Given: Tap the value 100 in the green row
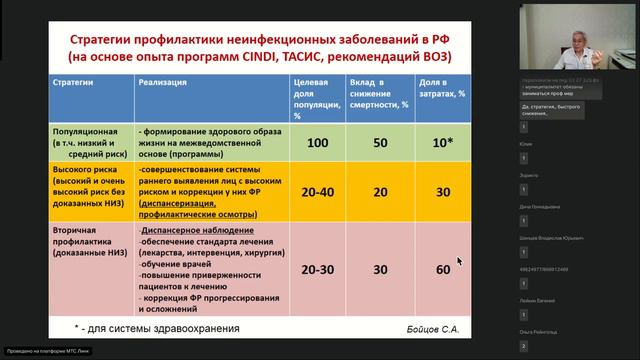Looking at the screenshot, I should pos(317,144).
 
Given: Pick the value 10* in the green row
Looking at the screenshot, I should pos(443,144).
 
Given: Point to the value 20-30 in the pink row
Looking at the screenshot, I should pos(318,270).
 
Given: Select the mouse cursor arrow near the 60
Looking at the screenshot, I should pos(460,262).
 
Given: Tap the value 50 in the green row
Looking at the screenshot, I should pos(381,144).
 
